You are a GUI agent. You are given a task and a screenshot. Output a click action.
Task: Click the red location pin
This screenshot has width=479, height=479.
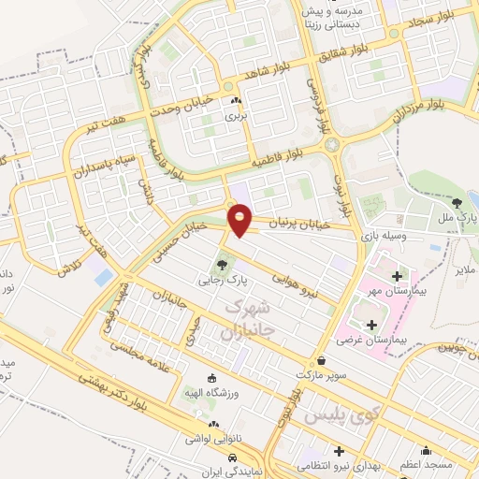point(240,219)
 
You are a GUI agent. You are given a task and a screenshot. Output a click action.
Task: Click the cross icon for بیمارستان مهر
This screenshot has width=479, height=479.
point(397,276)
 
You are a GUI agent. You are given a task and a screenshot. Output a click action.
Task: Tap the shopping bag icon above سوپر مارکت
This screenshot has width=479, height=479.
point(322,360)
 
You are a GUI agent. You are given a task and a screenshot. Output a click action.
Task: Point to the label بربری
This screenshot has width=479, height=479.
point(235,117)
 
